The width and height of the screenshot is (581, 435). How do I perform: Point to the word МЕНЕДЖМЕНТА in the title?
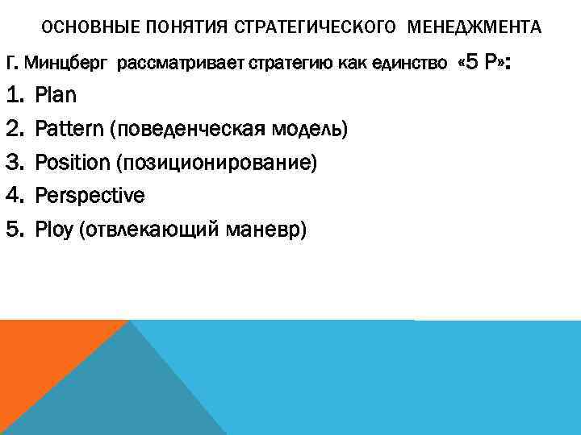[x=475, y=27]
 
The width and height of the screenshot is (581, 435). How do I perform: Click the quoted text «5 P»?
[x=483, y=63]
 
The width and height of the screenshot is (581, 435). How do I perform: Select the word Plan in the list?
[x=56, y=96]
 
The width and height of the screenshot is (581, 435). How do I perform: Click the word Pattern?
[x=70, y=129]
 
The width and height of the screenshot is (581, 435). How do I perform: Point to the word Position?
[x=72, y=163]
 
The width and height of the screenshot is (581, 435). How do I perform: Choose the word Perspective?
[x=90, y=196]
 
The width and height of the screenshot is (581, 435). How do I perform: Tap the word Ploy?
[x=55, y=230]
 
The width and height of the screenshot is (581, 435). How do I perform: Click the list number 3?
[x=15, y=163]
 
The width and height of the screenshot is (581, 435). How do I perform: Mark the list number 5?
[x=15, y=230]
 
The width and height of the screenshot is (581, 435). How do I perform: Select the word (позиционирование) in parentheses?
[x=216, y=163]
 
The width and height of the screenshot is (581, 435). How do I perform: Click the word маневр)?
[x=274, y=230]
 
